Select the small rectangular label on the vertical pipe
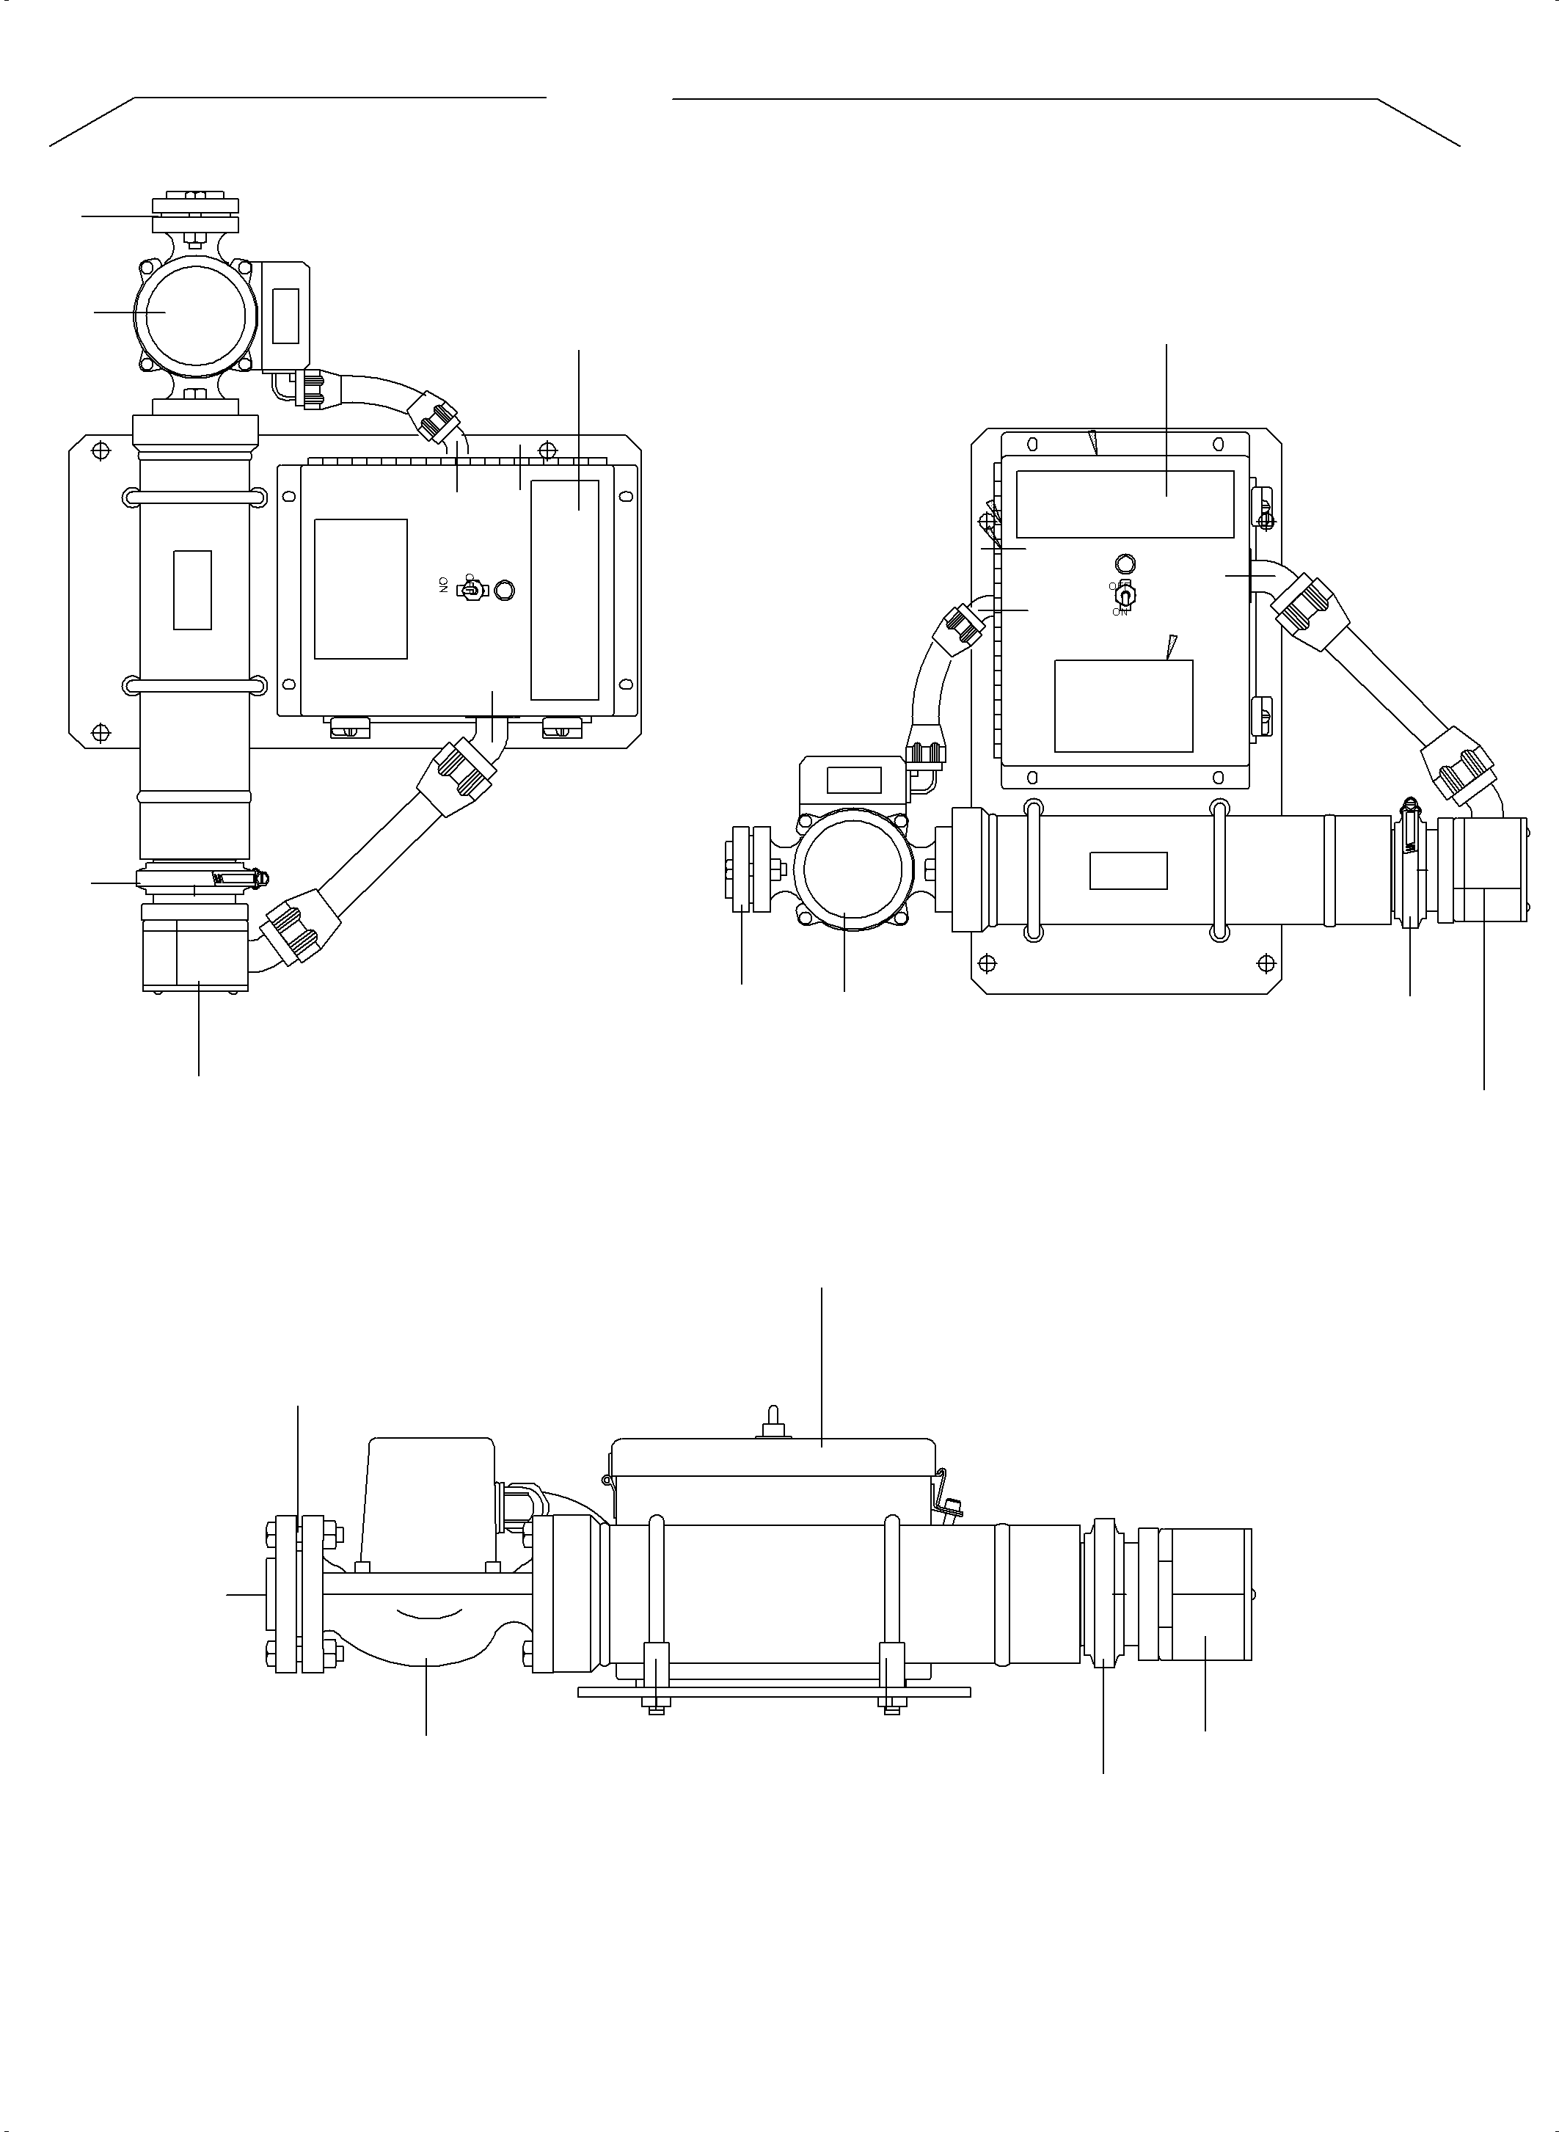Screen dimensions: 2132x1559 click(192, 589)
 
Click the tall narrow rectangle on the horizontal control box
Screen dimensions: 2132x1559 click(564, 589)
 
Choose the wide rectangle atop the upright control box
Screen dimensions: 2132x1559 click(1125, 504)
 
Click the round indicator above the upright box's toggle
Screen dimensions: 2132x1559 click(1125, 563)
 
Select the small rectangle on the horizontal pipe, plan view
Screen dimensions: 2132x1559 click(1128, 870)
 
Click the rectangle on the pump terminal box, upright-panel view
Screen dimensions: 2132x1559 click(853, 781)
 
